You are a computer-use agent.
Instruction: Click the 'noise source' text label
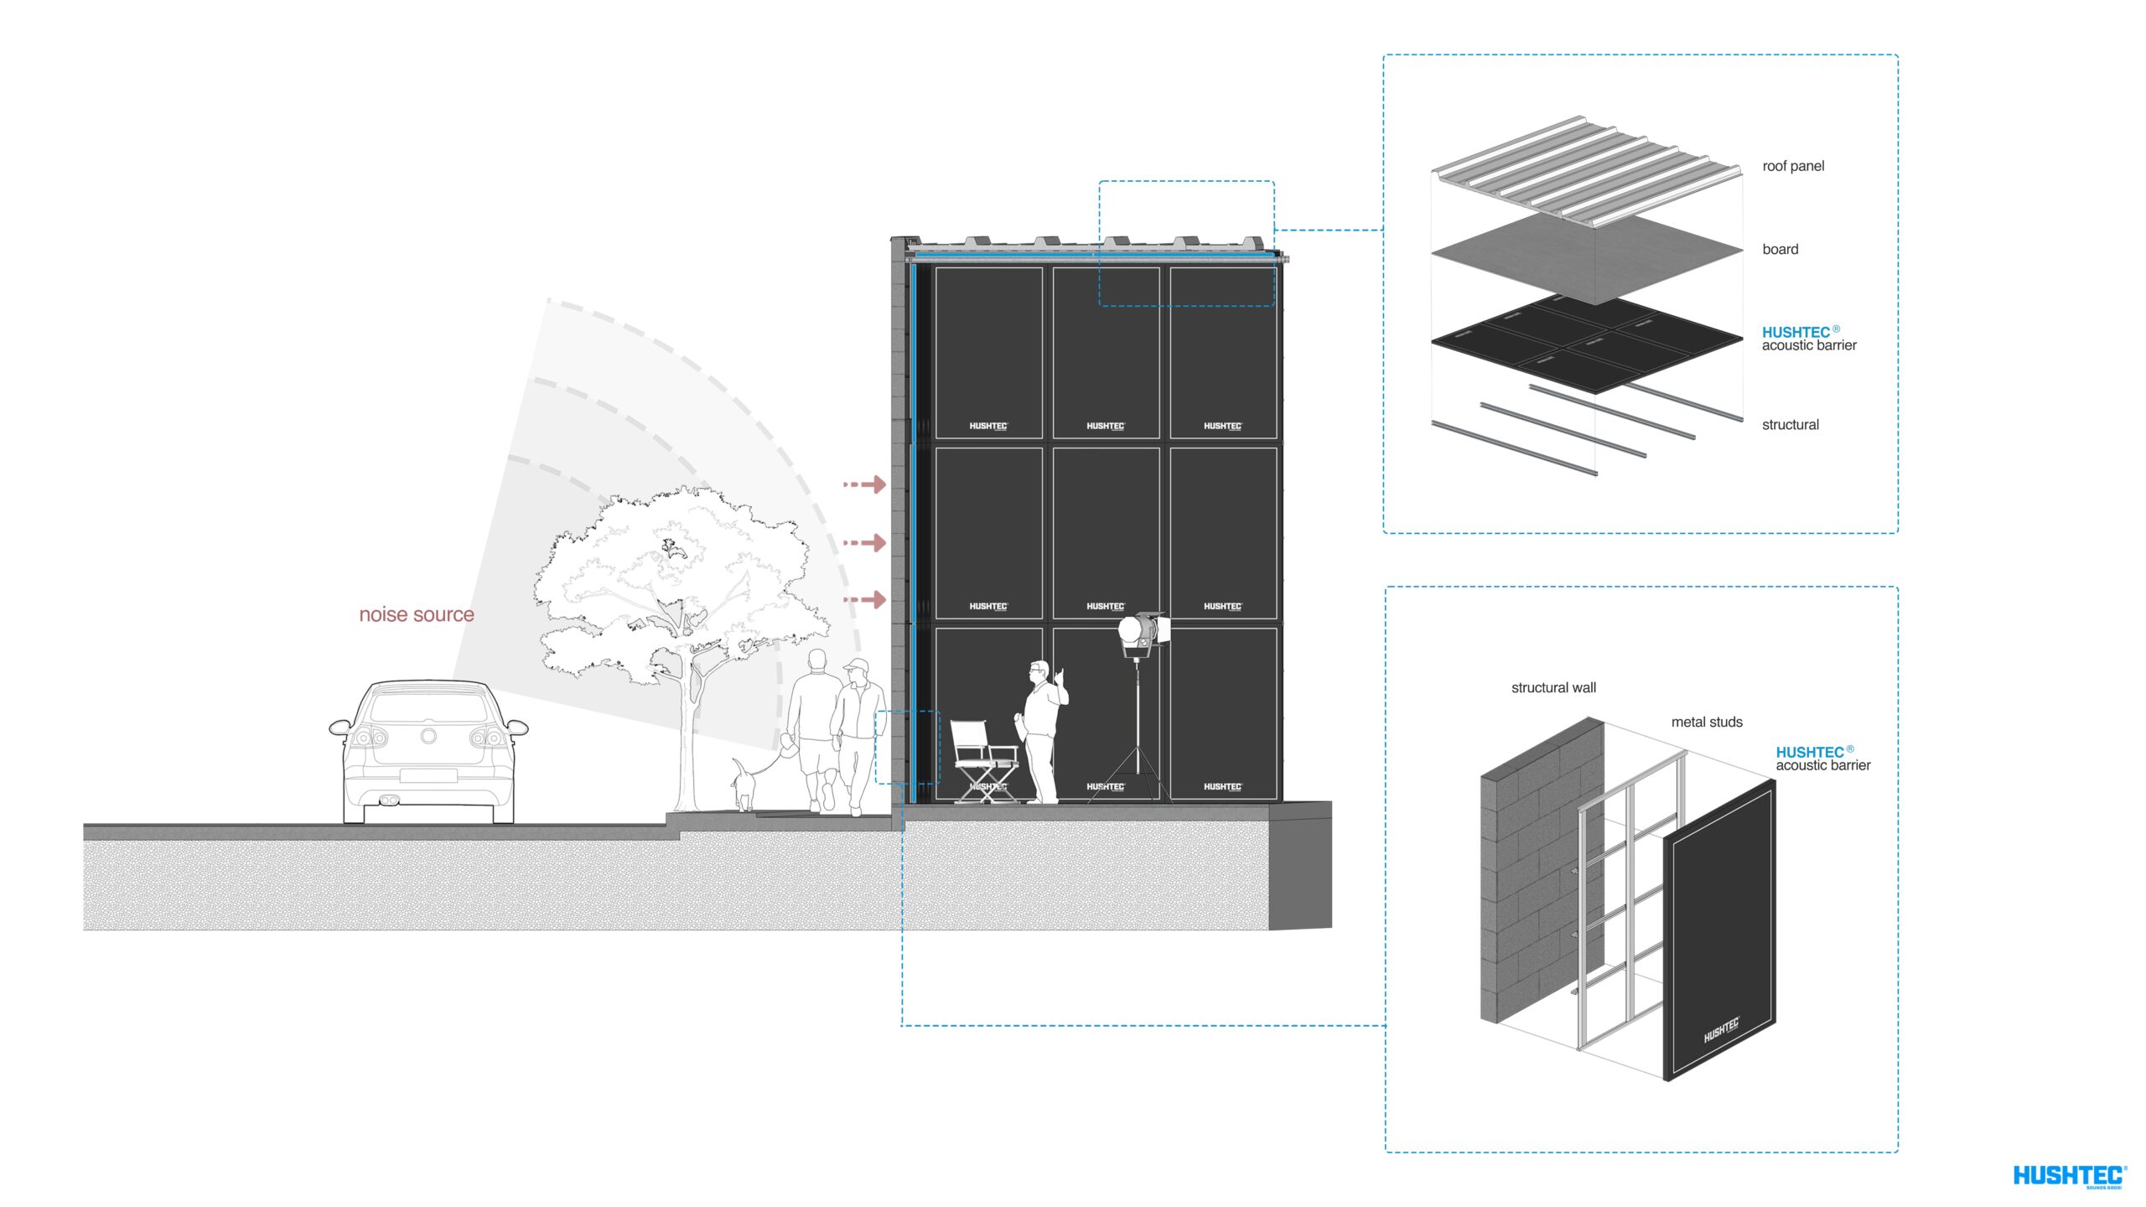pyautogui.click(x=417, y=614)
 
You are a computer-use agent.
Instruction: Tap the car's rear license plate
pyautogui.click(x=428, y=775)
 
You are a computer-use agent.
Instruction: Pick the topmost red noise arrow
pyautogui.click(x=865, y=484)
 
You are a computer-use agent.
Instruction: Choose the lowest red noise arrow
pyautogui.click(x=865, y=599)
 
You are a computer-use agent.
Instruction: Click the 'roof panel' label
pyautogui.click(x=1793, y=166)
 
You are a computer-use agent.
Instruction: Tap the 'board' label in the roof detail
pyautogui.click(x=1780, y=249)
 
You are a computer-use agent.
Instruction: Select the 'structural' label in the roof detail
pyautogui.click(x=1790, y=425)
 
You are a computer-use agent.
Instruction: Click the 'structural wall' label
pyautogui.click(x=1553, y=688)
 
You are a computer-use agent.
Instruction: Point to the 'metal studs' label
pyautogui.click(x=1707, y=723)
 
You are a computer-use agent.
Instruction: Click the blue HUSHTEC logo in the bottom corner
pyautogui.click(x=2068, y=1176)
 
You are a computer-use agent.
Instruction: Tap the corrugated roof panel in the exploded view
pyautogui.click(x=1584, y=168)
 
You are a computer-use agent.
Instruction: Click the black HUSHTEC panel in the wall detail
pyautogui.click(x=1718, y=930)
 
